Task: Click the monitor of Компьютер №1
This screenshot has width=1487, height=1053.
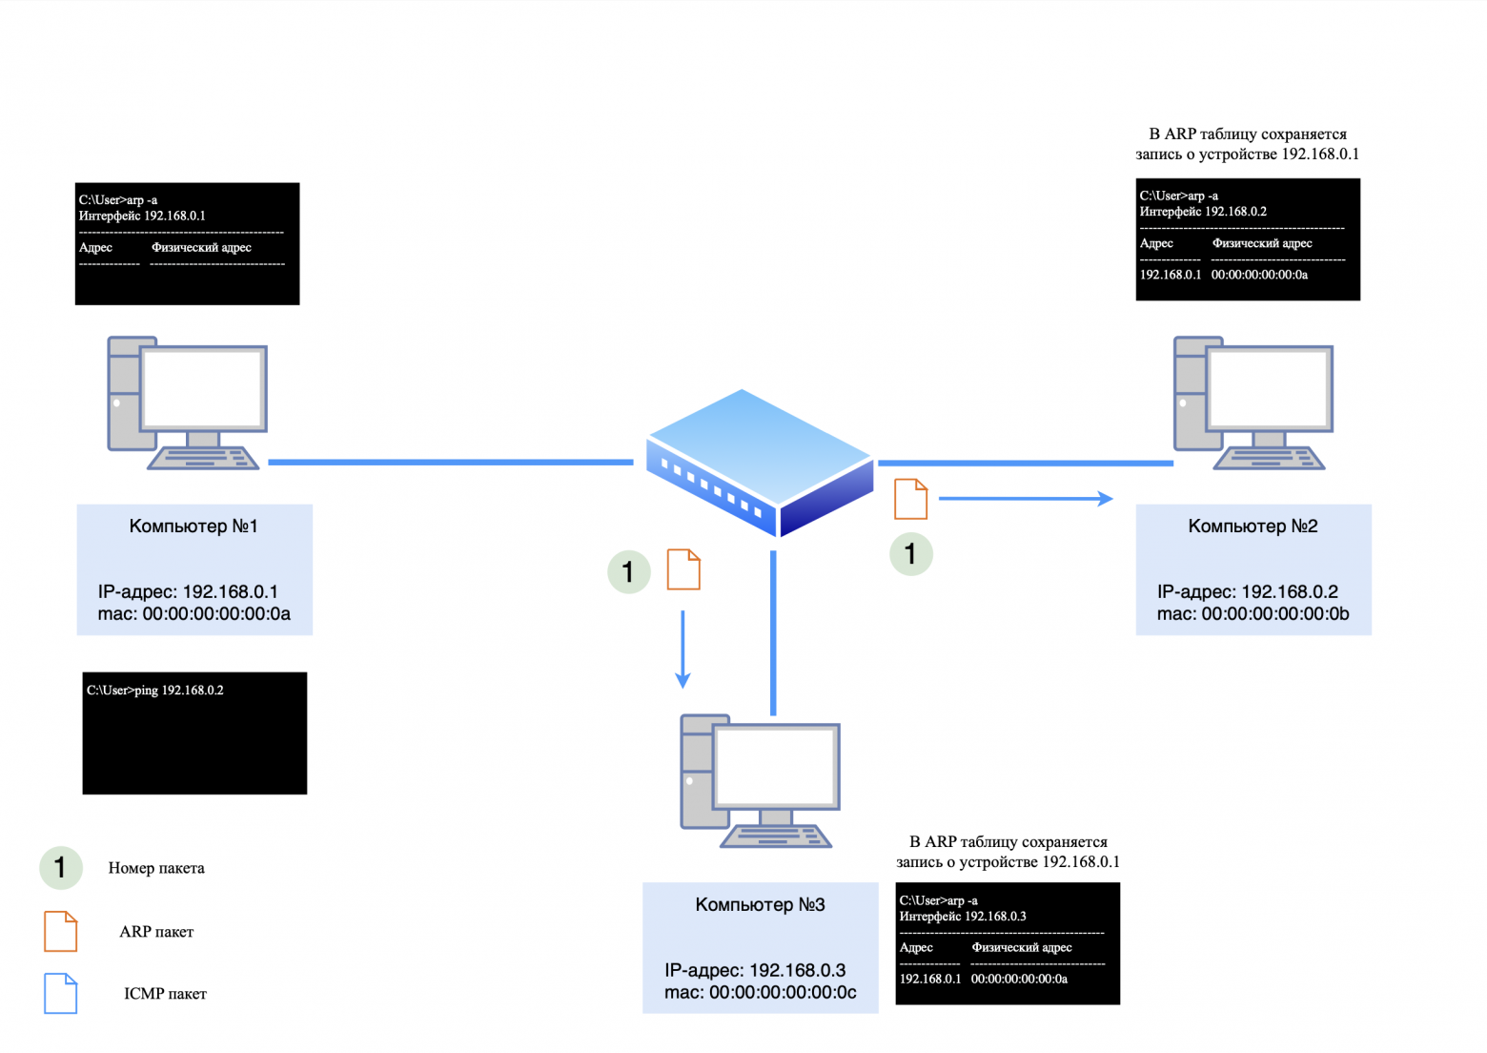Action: point(203,388)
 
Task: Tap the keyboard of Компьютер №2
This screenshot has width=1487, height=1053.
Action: point(1269,459)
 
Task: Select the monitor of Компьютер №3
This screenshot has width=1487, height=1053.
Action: point(777,766)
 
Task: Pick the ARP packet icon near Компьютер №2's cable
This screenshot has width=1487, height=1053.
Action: point(910,499)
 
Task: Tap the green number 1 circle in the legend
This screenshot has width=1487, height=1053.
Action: point(60,868)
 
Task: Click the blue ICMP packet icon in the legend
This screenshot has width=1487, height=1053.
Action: point(60,993)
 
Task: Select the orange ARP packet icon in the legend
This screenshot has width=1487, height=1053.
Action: point(60,931)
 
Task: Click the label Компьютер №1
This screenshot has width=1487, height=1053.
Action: point(194,526)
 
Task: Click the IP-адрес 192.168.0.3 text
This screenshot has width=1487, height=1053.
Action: point(755,970)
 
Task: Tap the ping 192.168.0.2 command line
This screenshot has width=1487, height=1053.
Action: point(155,691)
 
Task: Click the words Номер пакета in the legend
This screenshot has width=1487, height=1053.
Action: point(156,868)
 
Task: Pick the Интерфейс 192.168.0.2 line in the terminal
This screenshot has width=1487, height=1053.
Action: point(1203,212)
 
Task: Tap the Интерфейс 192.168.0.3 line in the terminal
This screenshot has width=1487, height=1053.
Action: point(963,917)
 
